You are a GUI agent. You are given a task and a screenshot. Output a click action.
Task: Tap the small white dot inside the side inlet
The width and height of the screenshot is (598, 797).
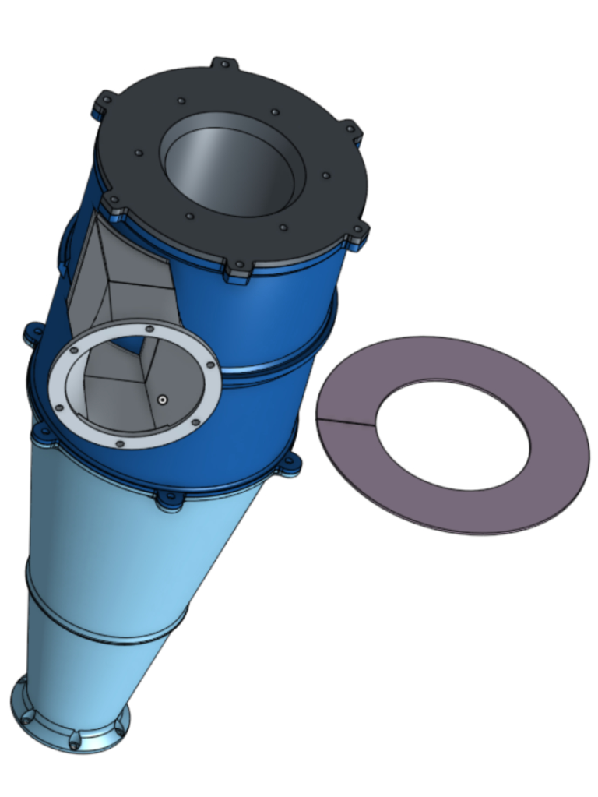tap(161, 400)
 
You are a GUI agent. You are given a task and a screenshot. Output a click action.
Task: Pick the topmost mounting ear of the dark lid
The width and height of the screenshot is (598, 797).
tap(223, 63)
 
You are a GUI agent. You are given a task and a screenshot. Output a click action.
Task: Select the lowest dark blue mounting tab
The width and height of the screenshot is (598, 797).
tap(168, 500)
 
